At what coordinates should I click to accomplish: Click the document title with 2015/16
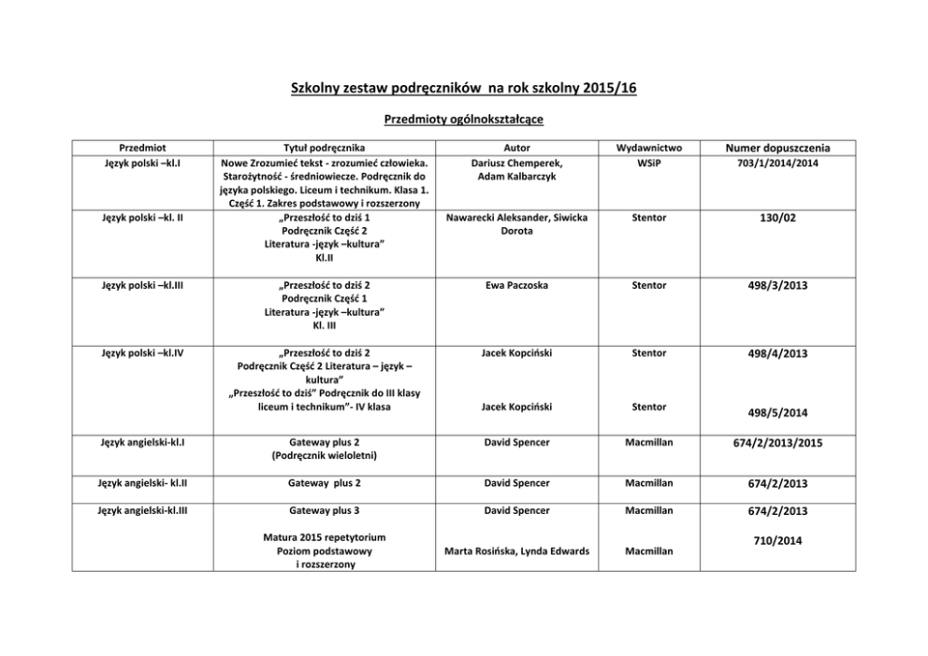click(x=463, y=88)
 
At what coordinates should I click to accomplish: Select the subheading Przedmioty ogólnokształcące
click(x=464, y=120)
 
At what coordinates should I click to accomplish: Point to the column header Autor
click(x=516, y=148)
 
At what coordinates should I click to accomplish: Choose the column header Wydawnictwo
click(x=649, y=148)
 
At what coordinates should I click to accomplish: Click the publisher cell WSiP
click(x=649, y=162)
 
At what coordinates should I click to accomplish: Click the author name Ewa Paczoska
click(x=516, y=284)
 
